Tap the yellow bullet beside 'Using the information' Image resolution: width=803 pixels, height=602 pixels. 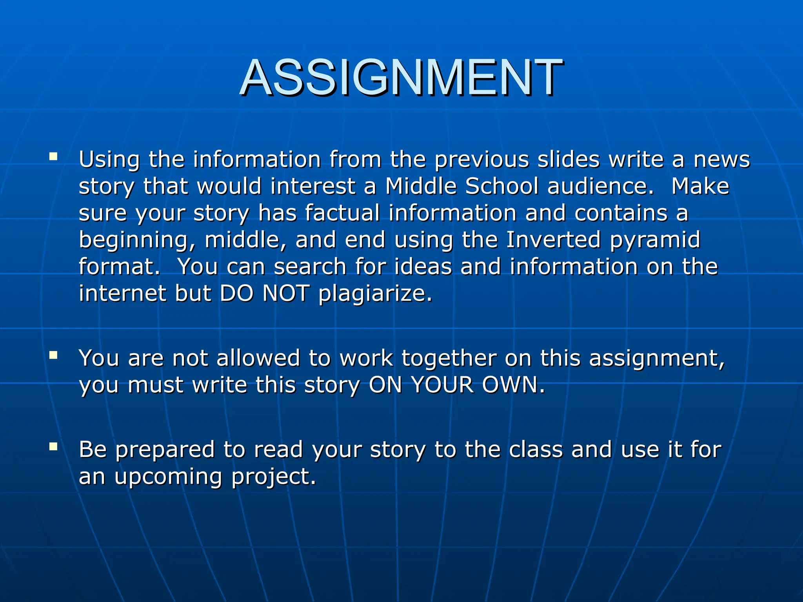point(53,157)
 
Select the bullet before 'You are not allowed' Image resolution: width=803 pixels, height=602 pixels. point(53,355)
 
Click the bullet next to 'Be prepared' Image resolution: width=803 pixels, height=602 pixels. point(53,446)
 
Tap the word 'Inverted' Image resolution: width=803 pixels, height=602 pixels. point(553,239)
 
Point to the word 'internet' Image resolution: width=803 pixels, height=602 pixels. point(122,293)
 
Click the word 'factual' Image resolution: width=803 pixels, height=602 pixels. point(342,213)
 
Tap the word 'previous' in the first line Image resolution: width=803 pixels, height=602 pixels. point(482,160)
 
